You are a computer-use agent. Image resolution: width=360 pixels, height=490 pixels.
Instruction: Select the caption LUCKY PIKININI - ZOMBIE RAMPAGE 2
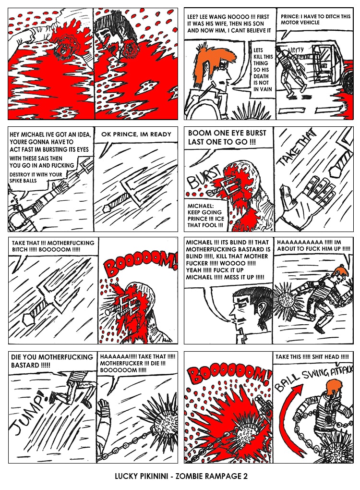pos(181,476)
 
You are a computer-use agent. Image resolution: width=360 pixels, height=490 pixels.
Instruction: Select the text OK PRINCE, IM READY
pos(136,135)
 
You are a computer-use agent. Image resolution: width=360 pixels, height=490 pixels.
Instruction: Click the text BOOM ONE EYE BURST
pos(227,133)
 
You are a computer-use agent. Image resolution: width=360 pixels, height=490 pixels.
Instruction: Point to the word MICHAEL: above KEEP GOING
pos(201,206)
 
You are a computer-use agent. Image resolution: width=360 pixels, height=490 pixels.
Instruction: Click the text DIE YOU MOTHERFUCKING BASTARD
pos(52,361)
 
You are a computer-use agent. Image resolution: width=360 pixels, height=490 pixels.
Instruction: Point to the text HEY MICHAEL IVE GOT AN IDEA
pos(50,135)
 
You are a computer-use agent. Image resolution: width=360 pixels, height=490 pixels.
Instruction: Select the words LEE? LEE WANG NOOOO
pos(218,16)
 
